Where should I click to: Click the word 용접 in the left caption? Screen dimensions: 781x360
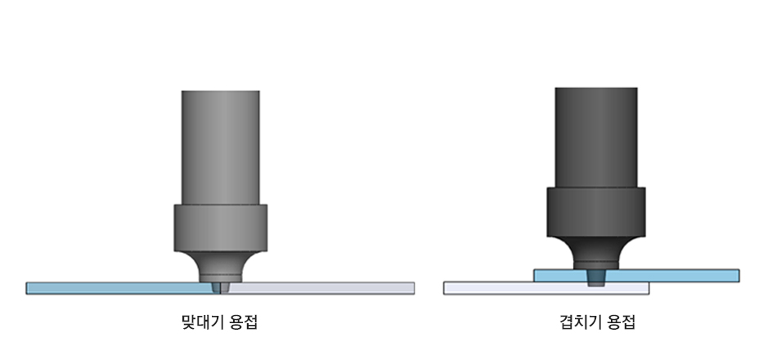click(x=244, y=322)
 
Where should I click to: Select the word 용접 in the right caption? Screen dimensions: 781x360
click(x=622, y=322)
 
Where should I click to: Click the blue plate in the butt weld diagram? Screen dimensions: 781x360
click(x=119, y=288)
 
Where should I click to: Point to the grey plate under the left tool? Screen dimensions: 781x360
click(x=319, y=288)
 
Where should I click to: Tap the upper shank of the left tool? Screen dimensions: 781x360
click(x=220, y=147)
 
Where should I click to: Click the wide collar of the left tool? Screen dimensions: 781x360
click(x=220, y=228)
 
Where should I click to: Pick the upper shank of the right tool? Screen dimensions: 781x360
click(x=595, y=137)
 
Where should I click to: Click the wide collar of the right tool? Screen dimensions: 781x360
click(x=595, y=212)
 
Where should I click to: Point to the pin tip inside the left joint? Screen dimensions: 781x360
click(x=220, y=288)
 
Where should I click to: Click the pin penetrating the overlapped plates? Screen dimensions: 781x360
click(x=595, y=277)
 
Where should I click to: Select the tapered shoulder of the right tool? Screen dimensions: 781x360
click(x=595, y=253)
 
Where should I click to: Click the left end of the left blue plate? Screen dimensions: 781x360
click(x=26, y=288)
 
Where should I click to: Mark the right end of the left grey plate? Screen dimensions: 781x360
click(x=415, y=288)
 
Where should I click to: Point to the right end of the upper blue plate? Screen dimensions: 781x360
click(x=739, y=276)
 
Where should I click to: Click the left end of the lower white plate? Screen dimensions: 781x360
click(x=444, y=288)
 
